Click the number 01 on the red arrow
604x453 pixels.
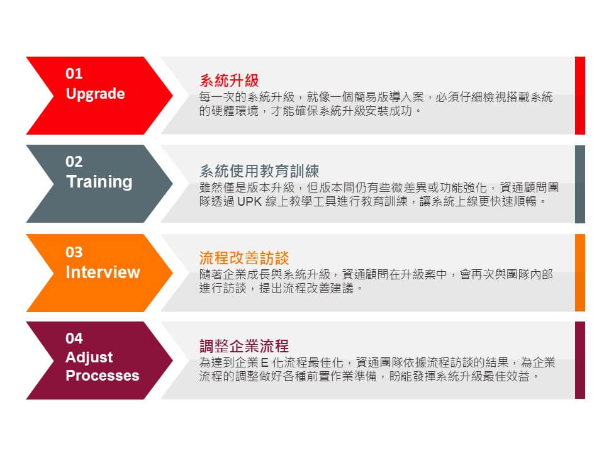74,73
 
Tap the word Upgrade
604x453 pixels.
95,94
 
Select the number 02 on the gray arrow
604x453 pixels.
74,162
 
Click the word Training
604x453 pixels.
99,182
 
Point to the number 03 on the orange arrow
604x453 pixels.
74,252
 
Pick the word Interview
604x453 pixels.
103,272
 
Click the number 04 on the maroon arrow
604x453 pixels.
74,338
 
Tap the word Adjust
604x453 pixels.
89,357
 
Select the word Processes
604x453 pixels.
103,376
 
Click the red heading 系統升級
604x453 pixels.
229,81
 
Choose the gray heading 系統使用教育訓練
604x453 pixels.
259,171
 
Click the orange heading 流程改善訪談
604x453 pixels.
244,258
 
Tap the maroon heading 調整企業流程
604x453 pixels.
244,346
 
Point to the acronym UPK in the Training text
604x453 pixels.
250,201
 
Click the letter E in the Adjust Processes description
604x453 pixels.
264,363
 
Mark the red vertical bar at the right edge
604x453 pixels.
579,96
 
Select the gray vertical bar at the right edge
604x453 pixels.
579,184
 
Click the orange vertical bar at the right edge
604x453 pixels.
579,272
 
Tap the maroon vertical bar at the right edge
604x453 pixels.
579,360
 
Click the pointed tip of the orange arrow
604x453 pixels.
172,272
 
